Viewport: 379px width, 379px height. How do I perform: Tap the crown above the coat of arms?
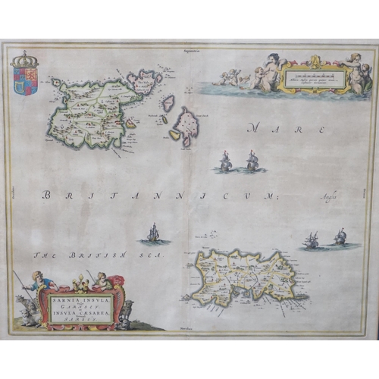point(25,59)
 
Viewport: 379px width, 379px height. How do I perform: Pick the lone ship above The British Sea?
point(153,234)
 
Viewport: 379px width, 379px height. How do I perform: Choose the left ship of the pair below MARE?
point(226,161)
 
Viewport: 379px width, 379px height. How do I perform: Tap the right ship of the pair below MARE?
point(252,161)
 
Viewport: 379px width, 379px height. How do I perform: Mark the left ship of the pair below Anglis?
point(312,241)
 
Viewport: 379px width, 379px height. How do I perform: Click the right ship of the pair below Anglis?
point(340,238)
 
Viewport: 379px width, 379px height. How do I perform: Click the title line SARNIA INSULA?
point(80,299)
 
